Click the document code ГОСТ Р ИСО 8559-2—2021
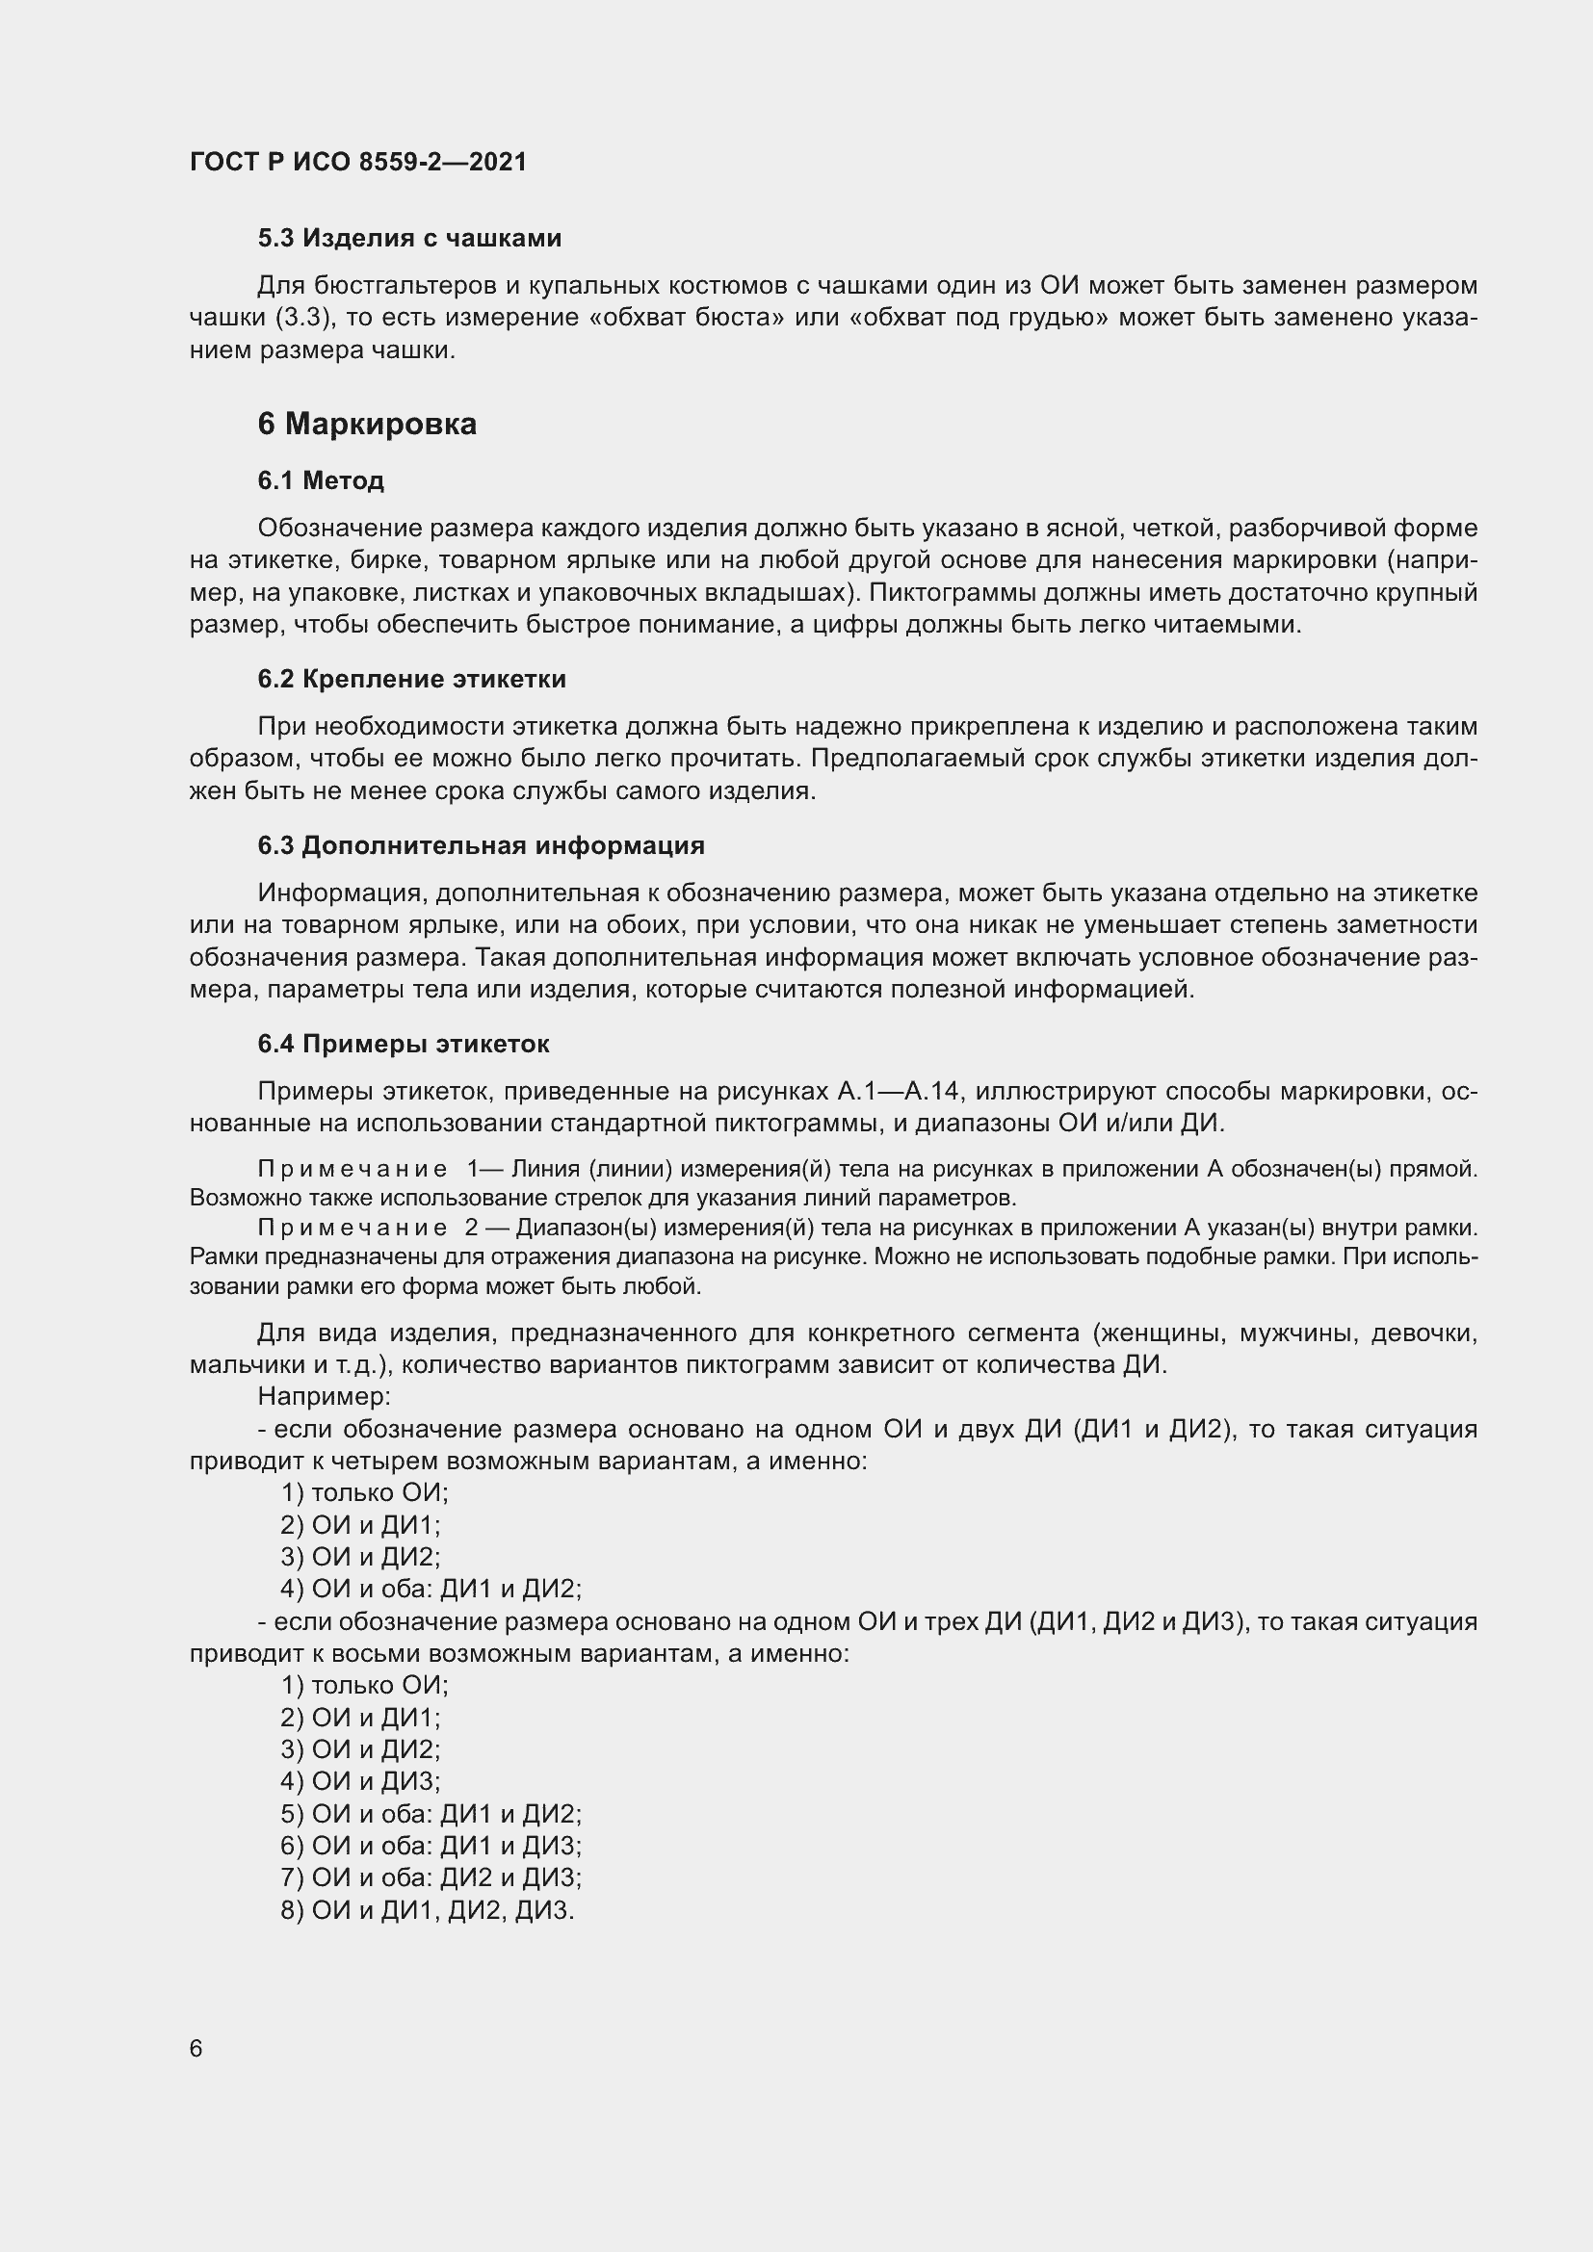pos(358,162)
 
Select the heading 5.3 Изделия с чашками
pos(409,238)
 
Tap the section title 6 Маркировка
pos(367,424)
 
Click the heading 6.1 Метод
pos(321,480)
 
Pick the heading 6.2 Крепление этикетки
pos(412,679)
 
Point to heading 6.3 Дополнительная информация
pos(481,845)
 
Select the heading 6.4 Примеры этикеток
pos(404,1044)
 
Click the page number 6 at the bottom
pos(196,2049)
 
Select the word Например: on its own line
pos(325,1395)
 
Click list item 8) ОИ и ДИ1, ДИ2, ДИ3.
pos(427,1910)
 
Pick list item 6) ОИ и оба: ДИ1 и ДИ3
pos(431,1846)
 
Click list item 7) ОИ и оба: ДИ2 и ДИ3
pos(431,1878)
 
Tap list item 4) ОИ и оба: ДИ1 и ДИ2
pos(431,1589)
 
